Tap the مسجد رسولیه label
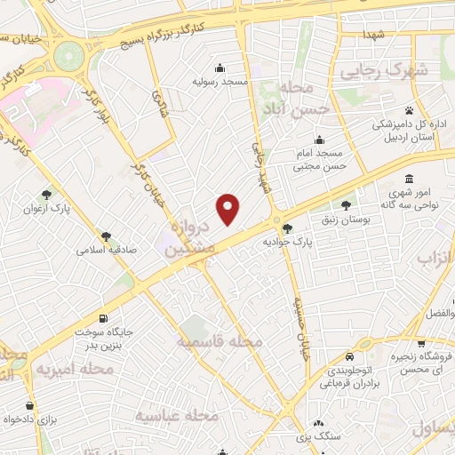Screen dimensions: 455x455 click(220, 82)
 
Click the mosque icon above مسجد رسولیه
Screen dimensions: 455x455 click(220, 68)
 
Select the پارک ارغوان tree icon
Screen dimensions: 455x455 click(46, 194)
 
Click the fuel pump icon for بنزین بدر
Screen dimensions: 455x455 click(105, 318)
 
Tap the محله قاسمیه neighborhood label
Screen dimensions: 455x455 click(219, 341)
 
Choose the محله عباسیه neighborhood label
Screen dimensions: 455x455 click(177, 414)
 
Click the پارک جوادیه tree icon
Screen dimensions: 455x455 click(286, 227)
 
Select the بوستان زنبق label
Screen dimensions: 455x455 click(346, 219)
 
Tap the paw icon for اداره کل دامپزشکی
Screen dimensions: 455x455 click(409, 111)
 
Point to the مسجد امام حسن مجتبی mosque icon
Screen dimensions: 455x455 click(319, 140)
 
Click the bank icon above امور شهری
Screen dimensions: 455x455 click(408, 179)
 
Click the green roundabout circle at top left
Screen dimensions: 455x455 click(68, 58)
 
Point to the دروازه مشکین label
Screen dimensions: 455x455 click(188, 240)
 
